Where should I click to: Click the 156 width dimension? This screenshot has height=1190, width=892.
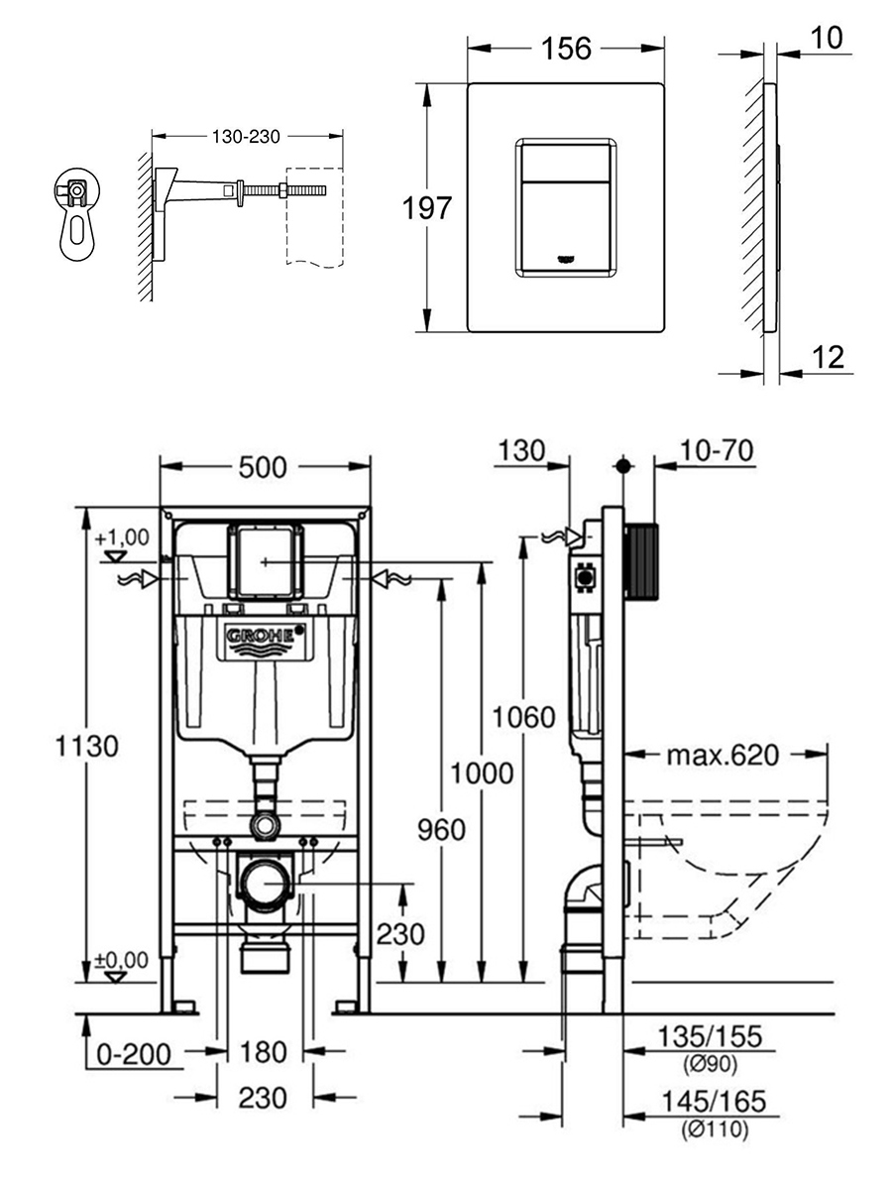pos(567,48)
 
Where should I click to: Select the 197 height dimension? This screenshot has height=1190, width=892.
pos(427,208)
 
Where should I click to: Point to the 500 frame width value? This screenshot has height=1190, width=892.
pos(264,465)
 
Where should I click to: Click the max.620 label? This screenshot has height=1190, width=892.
pos(722,756)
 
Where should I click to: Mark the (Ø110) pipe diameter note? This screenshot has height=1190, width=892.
pos(715,1129)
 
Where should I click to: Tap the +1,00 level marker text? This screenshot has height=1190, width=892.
pos(123,537)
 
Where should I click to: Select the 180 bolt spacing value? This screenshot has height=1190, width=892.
pos(263,1051)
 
